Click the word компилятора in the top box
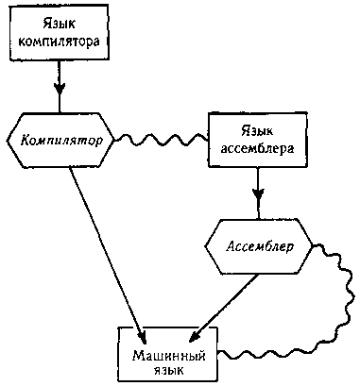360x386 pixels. click(60, 43)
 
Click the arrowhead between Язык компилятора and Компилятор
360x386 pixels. click(60, 94)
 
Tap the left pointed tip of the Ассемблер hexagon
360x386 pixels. click(204, 247)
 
